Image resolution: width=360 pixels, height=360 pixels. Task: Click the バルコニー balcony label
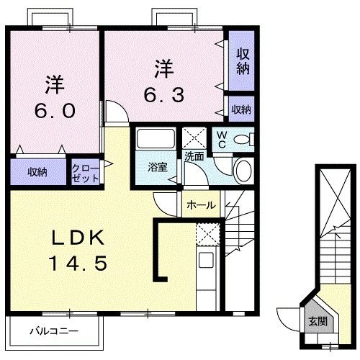coord(54,332)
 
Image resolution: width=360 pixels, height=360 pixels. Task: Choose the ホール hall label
coord(201,205)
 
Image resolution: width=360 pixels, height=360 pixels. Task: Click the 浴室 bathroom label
coord(158,167)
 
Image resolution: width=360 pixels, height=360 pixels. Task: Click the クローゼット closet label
coord(85,174)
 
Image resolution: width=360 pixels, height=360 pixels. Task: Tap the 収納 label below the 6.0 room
coord(38,172)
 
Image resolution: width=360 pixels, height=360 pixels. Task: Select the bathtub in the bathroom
coord(152,138)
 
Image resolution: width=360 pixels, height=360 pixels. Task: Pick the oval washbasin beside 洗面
coord(244,171)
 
